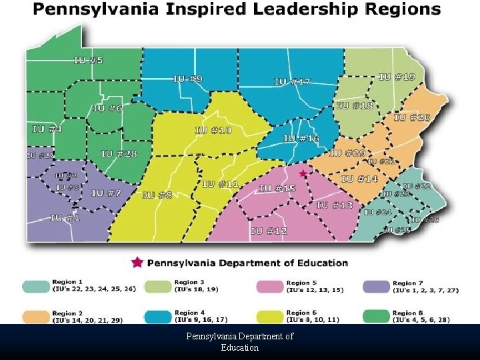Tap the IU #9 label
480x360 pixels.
click(188, 79)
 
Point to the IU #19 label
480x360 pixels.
click(397, 77)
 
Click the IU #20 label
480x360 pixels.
click(412, 117)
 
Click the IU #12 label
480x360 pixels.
click(269, 231)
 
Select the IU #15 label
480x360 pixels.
click(277, 189)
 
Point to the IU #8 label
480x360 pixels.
click(157, 195)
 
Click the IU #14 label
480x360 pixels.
click(359, 179)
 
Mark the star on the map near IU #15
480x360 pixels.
click(303, 173)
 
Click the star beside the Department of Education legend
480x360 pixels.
click(137, 262)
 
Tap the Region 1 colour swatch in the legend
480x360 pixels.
click(35, 287)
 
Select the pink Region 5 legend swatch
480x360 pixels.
click(269, 287)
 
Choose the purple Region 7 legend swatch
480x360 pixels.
click(376, 287)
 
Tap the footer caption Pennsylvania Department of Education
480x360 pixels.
click(240, 342)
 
